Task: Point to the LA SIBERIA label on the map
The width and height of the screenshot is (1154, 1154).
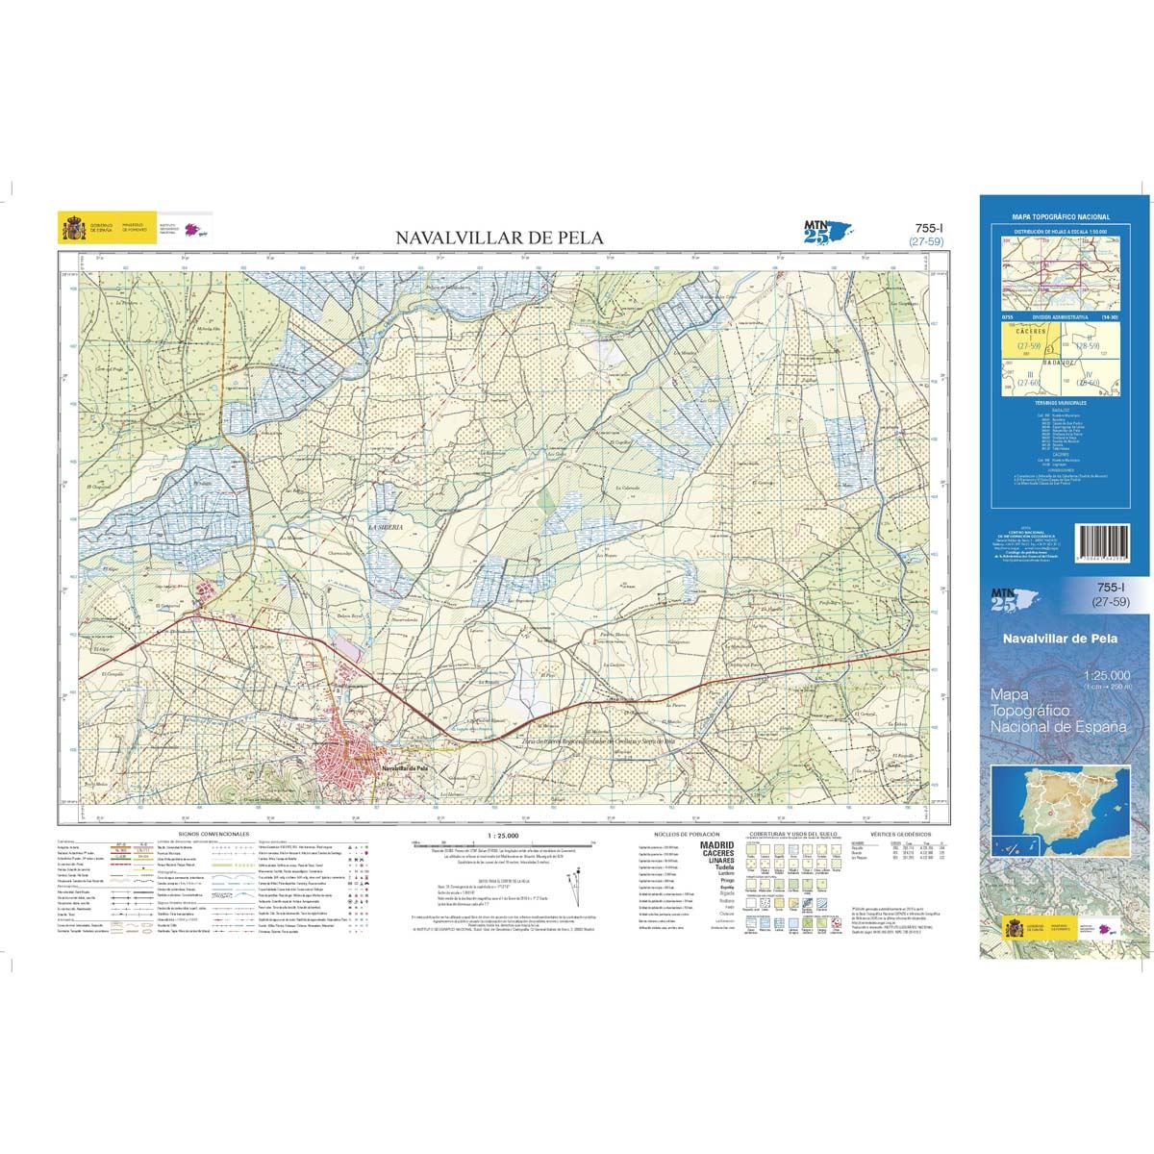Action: point(384,529)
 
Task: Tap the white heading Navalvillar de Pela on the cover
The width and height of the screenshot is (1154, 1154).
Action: point(1059,638)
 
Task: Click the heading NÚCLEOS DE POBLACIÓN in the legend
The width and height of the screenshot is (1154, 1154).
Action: point(687,834)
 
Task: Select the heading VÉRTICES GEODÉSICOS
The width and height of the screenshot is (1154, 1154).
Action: point(895,834)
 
